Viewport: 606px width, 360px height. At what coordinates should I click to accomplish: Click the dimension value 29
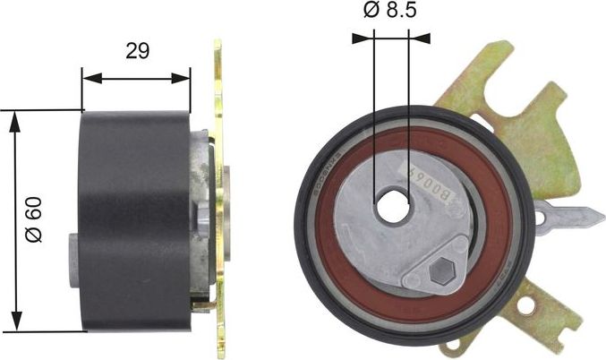(x=137, y=51)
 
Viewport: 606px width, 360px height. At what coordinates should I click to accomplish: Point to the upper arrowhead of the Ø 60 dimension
(x=14, y=119)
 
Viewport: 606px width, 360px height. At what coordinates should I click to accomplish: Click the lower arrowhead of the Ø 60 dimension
(x=14, y=321)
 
